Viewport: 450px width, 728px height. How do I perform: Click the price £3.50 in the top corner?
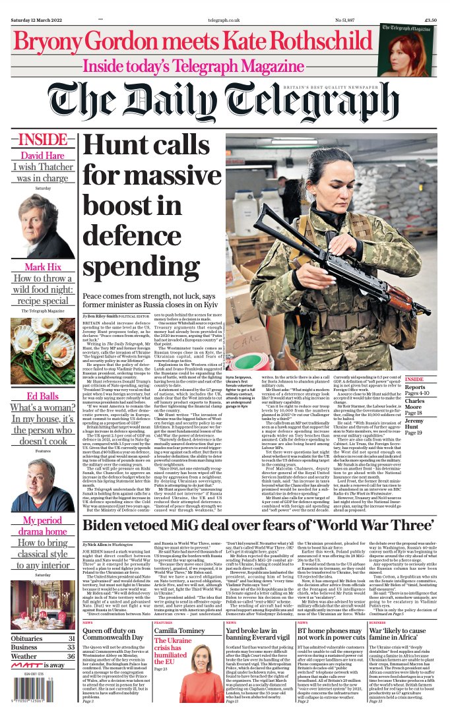tap(430, 20)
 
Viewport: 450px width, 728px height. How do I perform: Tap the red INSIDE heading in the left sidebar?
tap(42, 140)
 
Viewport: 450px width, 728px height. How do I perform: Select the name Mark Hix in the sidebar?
tap(43, 267)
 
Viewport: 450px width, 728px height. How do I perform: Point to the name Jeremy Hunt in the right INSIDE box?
tap(414, 423)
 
